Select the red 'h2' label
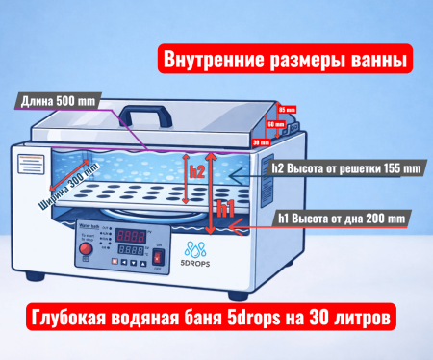tap(196, 172)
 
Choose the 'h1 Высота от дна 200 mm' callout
tap(343, 219)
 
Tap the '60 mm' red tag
tap(274, 125)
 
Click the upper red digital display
tap(131, 235)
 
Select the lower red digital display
tap(131, 250)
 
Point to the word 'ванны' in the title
tap(374, 60)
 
